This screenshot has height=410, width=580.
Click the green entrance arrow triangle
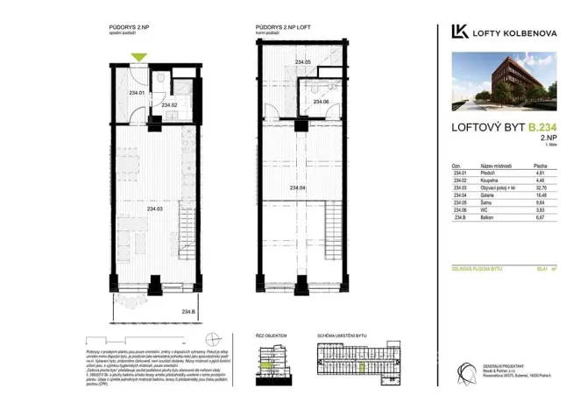point(138,59)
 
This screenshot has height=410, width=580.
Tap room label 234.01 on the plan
point(136,93)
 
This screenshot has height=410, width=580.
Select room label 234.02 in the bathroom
point(170,106)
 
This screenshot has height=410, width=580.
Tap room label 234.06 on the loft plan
point(320,102)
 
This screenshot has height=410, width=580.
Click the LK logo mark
point(458,32)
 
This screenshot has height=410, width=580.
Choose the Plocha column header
point(541,165)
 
